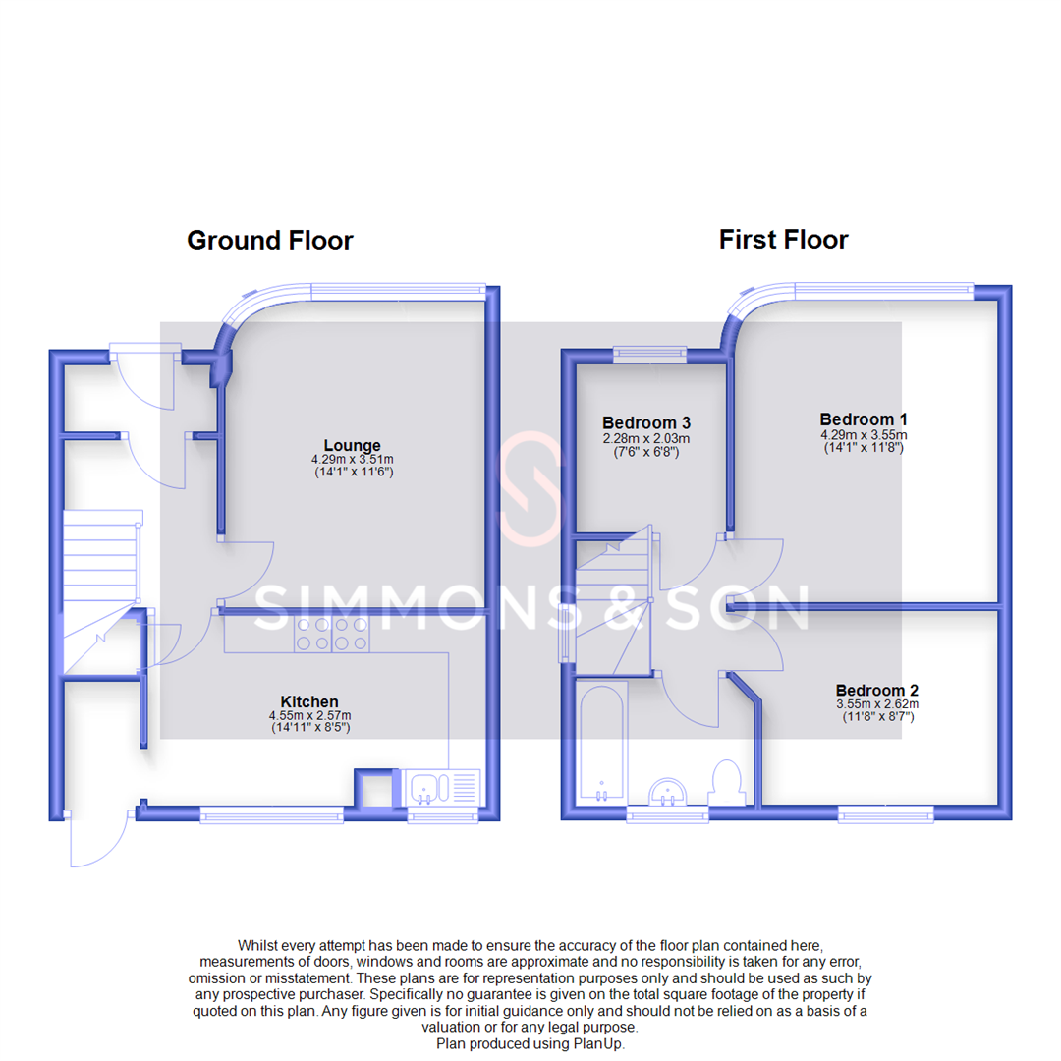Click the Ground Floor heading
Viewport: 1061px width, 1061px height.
pyautogui.click(x=269, y=240)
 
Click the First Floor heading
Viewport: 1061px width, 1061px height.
pyautogui.click(x=783, y=239)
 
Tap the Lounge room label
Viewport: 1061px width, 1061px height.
pyautogui.click(x=352, y=446)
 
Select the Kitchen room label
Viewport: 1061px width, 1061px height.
pyautogui.click(x=309, y=701)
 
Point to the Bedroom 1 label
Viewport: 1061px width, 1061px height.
pyautogui.click(x=864, y=419)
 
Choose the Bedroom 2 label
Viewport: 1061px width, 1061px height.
pyautogui.click(x=877, y=691)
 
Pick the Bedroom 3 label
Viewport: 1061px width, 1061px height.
pyautogui.click(x=645, y=423)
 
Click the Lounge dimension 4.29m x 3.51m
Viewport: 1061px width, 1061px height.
pyautogui.click(x=352, y=460)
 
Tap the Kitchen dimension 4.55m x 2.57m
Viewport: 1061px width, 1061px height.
pyautogui.click(x=309, y=715)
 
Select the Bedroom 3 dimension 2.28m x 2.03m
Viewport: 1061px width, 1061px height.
pyautogui.click(x=645, y=438)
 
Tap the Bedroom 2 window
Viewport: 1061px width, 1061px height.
pyautogui.click(x=885, y=812)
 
